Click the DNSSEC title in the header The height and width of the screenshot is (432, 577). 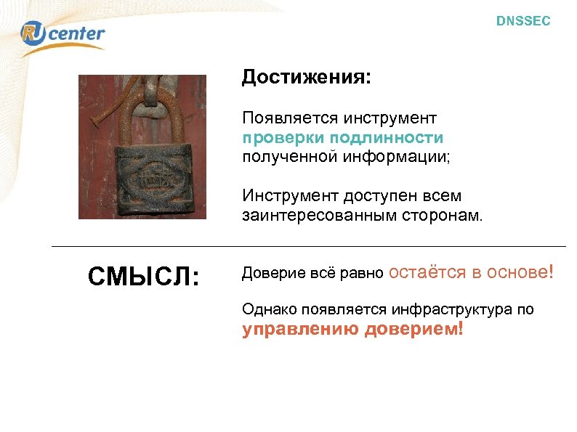523,22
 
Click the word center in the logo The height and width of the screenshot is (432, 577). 76,33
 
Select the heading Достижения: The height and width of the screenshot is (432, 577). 306,78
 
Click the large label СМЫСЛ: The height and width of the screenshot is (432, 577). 143,277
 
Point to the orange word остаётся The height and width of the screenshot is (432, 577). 427,272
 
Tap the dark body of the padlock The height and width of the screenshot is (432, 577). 150,178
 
